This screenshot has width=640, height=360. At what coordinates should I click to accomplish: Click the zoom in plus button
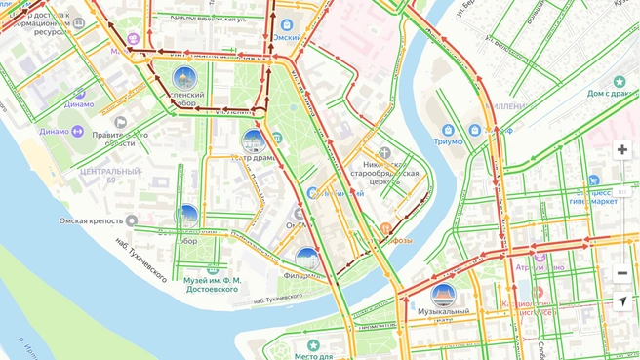[x=621, y=150]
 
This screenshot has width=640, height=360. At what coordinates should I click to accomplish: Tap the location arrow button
[x=621, y=301]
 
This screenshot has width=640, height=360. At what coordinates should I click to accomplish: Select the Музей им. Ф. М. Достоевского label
[x=211, y=285]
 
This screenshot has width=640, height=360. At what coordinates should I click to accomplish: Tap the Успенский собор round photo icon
[x=183, y=79]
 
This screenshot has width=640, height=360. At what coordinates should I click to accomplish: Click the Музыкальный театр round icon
[x=443, y=295]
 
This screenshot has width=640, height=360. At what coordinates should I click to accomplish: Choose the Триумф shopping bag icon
[x=448, y=130]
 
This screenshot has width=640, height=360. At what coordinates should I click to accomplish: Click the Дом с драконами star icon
[x=619, y=82]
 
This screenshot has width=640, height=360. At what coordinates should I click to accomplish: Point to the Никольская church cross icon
[x=384, y=152]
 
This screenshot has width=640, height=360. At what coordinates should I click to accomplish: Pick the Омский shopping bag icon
[x=286, y=25]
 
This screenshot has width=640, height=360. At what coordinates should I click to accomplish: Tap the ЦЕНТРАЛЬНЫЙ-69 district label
[x=110, y=176]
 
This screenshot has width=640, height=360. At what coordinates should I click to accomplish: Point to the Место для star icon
[x=313, y=345]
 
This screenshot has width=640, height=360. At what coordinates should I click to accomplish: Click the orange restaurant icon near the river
[x=386, y=229]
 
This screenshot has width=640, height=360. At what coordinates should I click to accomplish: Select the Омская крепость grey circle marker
[x=132, y=220]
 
